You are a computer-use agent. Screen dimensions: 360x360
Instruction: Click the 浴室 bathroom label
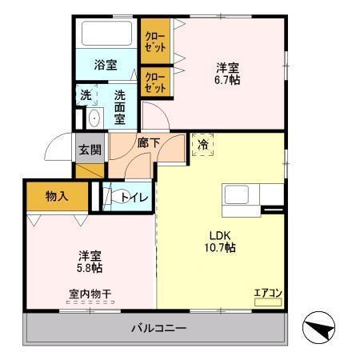(x=106, y=64)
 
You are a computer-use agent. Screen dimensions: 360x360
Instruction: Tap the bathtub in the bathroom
(x=106, y=34)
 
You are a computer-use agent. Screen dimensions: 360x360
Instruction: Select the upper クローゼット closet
(x=154, y=41)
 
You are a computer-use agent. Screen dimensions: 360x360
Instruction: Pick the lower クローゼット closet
(x=154, y=82)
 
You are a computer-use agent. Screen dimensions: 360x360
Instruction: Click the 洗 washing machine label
(x=85, y=95)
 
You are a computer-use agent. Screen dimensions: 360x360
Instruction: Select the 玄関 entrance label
(x=90, y=149)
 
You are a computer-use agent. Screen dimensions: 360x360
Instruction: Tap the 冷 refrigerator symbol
(x=203, y=145)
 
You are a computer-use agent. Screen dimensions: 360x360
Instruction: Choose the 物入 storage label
(x=56, y=194)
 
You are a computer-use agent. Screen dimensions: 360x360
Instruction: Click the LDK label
(x=221, y=234)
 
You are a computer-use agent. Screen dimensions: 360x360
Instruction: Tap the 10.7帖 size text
(x=221, y=248)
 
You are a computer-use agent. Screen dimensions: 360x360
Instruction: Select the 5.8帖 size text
(x=90, y=269)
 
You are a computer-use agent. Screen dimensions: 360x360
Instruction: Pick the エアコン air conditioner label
(x=266, y=293)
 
